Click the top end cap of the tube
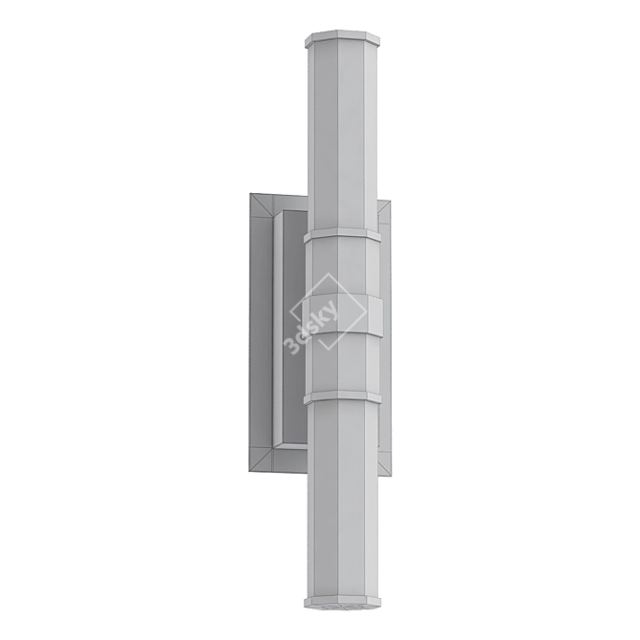[x=342, y=38]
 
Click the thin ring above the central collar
[x=342, y=235]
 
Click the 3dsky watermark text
[x=311, y=332]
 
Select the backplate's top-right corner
[x=390, y=201]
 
